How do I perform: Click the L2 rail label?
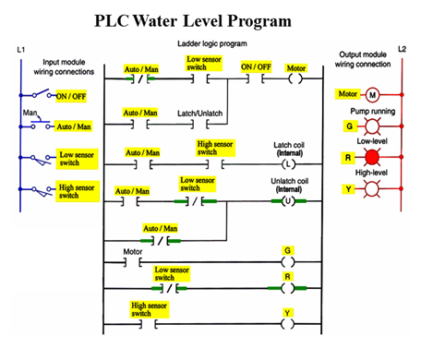[402, 48]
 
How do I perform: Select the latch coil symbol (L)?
[287, 162]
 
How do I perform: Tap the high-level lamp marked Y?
[374, 191]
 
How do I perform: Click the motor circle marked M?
[374, 94]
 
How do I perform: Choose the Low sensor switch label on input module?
[78, 159]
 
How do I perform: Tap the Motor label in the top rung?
[295, 66]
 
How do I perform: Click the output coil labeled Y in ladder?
[287, 322]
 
